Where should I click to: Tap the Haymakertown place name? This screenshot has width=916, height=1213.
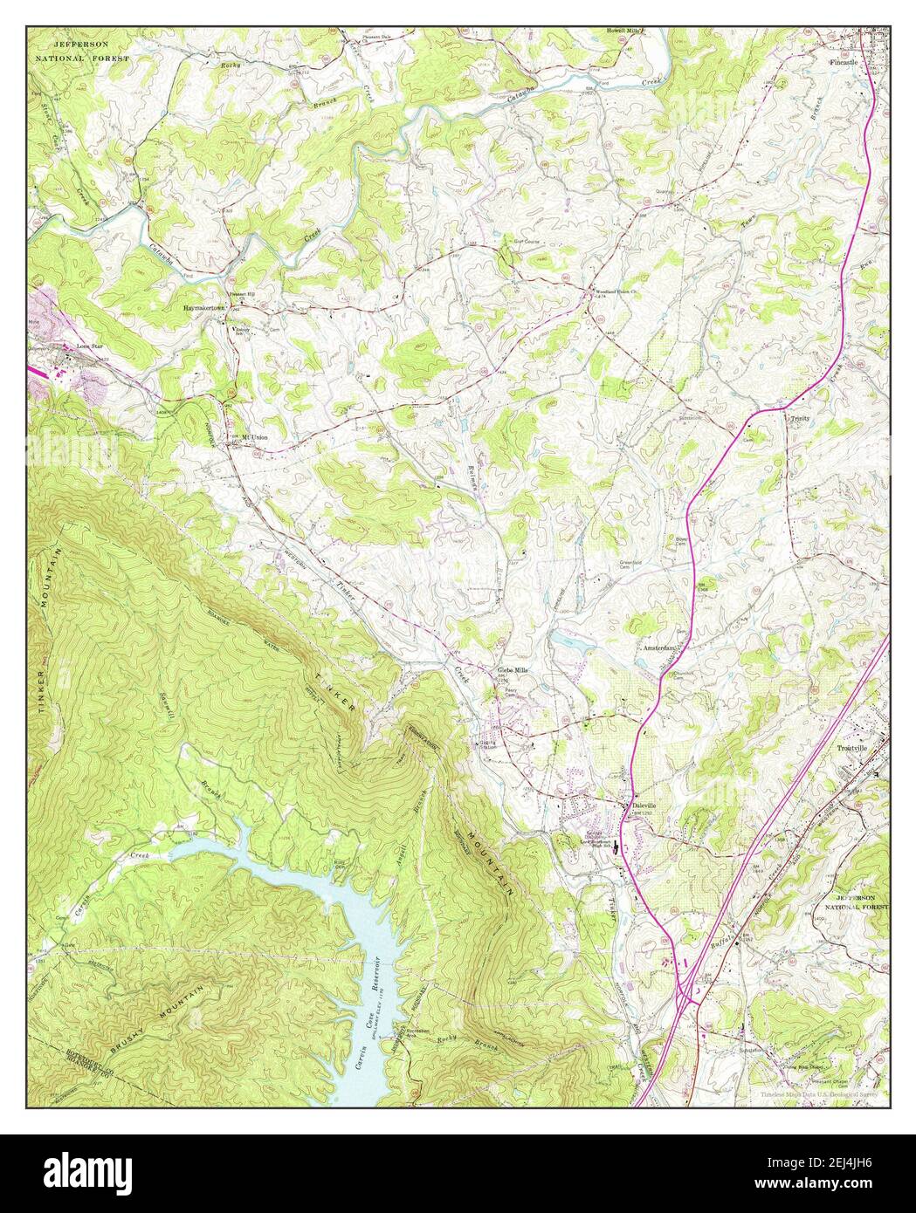pos(205,309)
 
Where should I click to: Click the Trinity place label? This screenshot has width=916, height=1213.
pos(800,418)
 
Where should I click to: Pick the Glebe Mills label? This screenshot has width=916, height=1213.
pos(513,669)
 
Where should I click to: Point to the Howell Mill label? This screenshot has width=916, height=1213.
pos(625,31)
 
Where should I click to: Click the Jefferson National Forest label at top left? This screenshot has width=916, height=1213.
pos(81,50)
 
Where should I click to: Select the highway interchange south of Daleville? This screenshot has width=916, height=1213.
pos(685,990)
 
